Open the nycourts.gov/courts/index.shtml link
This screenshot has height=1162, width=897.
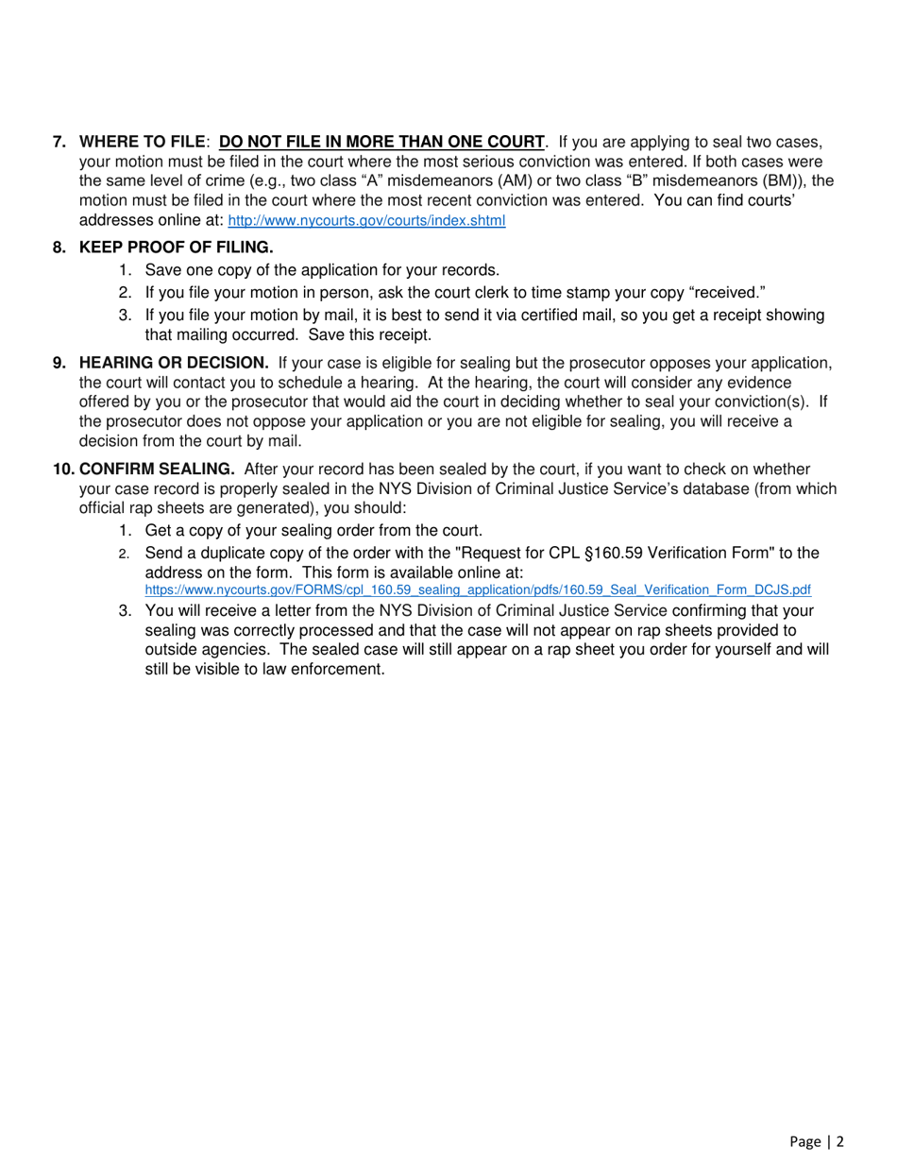[367, 221]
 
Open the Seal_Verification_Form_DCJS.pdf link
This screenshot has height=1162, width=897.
[477, 590]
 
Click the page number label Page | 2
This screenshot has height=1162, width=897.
[816, 1141]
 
